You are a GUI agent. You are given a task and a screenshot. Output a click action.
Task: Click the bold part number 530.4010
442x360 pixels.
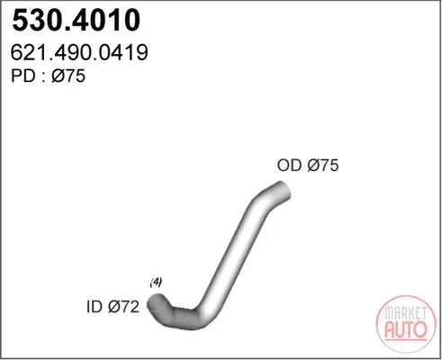[x=77, y=20]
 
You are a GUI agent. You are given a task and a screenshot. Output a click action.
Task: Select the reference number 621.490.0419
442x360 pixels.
[x=79, y=52]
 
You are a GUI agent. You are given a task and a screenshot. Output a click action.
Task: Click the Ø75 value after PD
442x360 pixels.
[x=68, y=76]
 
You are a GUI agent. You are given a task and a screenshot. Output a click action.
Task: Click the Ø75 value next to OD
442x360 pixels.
[x=323, y=165]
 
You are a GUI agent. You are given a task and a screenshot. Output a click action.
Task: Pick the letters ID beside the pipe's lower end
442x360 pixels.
[x=95, y=307]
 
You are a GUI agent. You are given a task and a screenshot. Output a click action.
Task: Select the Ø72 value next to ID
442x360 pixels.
[x=123, y=307]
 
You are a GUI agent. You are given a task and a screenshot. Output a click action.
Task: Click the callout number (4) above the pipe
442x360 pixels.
[x=156, y=282]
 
